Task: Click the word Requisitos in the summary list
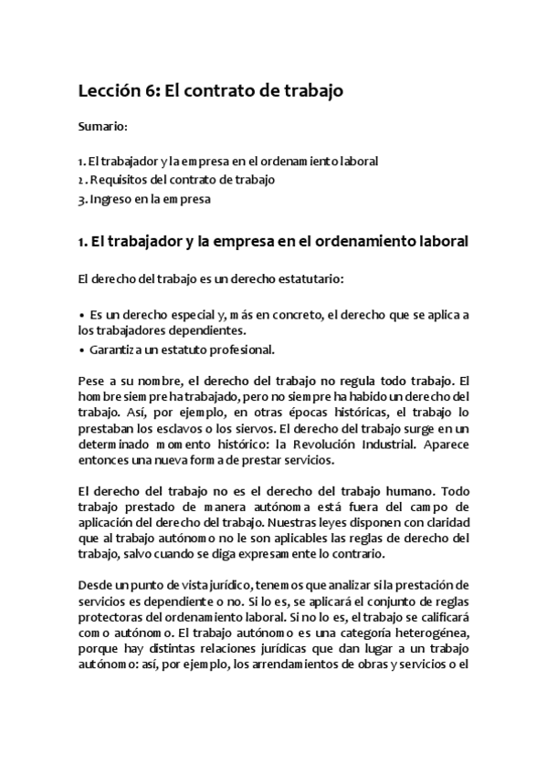121,180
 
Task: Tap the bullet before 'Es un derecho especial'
81,315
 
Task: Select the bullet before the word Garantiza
81,350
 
